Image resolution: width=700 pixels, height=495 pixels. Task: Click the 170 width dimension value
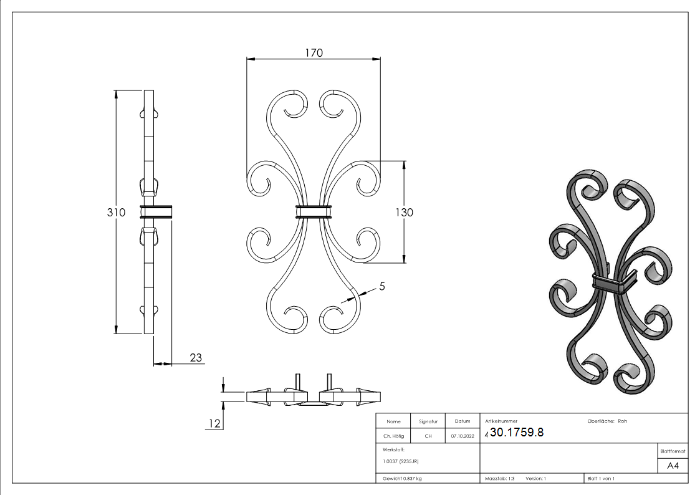click(x=314, y=53)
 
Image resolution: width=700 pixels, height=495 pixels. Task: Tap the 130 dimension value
click(x=405, y=212)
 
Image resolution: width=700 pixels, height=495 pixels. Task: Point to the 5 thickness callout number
click(x=382, y=286)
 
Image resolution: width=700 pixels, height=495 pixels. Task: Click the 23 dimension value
click(x=195, y=357)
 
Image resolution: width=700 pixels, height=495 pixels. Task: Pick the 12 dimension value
click(x=214, y=423)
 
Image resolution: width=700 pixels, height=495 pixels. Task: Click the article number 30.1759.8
click(x=517, y=433)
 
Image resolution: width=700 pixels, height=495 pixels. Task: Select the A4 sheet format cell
click(x=673, y=466)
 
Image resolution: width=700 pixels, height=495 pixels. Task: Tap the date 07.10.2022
click(x=463, y=436)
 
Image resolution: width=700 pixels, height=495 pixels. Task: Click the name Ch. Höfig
click(x=393, y=436)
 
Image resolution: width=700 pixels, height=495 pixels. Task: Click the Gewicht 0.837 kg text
click(x=402, y=478)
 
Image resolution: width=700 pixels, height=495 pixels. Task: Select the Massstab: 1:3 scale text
click(x=500, y=478)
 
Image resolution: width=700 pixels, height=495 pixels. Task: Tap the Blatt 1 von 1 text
click(x=601, y=478)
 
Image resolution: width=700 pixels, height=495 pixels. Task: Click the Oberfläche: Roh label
click(x=607, y=421)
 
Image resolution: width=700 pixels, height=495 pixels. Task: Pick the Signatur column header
click(x=428, y=421)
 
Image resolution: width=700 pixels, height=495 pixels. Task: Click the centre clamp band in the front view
click(x=314, y=212)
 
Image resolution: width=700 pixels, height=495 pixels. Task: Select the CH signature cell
click(x=428, y=436)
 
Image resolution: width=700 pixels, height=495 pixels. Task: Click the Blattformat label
click(x=673, y=451)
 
